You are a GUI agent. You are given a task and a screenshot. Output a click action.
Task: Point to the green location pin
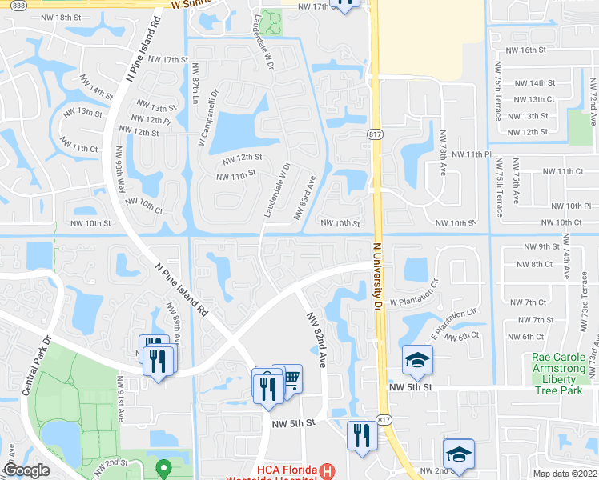point(163,466)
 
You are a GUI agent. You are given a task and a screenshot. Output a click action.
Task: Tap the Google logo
point(26,471)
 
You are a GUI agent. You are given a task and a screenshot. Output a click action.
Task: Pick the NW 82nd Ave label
point(316,339)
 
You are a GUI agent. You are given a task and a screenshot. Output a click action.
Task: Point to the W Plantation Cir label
point(414,302)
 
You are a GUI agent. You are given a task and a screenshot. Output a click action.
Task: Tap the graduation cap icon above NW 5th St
point(417,360)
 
